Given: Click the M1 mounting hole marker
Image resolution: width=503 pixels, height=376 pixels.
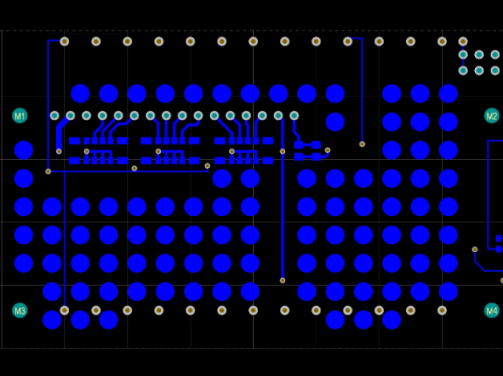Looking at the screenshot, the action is pyautogui.click(x=19, y=115).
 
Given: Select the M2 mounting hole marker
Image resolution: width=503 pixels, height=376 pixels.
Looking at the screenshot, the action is pyautogui.click(x=492, y=115).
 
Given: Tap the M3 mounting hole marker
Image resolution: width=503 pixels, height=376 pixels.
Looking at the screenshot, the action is pyautogui.click(x=19, y=310).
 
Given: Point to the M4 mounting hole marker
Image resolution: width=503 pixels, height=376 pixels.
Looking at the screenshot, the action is pyautogui.click(x=492, y=310).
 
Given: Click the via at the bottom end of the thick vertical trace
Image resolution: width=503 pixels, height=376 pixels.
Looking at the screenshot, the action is pyautogui.click(x=283, y=281).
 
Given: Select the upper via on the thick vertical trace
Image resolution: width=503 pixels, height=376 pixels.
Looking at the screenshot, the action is pyautogui.click(x=283, y=151).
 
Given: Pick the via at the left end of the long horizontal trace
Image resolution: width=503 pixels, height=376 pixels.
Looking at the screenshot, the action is pyautogui.click(x=48, y=171).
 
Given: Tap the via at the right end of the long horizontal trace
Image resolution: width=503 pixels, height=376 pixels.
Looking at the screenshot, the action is pyautogui.click(x=207, y=166).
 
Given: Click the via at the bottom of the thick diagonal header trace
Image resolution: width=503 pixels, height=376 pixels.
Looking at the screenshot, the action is pyautogui.click(x=59, y=151).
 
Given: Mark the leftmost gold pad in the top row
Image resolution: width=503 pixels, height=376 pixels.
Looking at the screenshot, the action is pyautogui.click(x=65, y=41).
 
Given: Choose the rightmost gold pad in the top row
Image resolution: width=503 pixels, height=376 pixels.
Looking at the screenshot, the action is pyautogui.click(x=463, y=41).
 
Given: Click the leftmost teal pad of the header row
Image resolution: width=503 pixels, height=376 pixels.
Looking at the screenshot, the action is pyautogui.click(x=54, y=115).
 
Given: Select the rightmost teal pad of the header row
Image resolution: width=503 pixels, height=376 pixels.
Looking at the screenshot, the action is pyautogui.click(x=294, y=115).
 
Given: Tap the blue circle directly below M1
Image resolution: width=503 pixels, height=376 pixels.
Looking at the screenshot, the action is pyautogui.click(x=24, y=150).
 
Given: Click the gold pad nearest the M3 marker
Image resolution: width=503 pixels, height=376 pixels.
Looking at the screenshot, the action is pyautogui.click(x=65, y=310).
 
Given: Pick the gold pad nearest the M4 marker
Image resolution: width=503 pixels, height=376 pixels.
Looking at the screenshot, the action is pyautogui.click(x=442, y=310).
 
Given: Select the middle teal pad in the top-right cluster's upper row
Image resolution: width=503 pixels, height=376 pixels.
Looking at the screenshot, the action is pyautogui.click(x=479, y=55).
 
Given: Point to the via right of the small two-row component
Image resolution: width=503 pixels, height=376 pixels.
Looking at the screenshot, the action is pyautogui.click(x=327, y=150).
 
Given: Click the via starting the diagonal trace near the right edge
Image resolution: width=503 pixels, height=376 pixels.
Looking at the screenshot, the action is pyautogui.click(x=475, y=249).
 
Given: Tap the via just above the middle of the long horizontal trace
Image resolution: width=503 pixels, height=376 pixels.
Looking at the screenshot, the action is pyautogui.click(x=135, y=168).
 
